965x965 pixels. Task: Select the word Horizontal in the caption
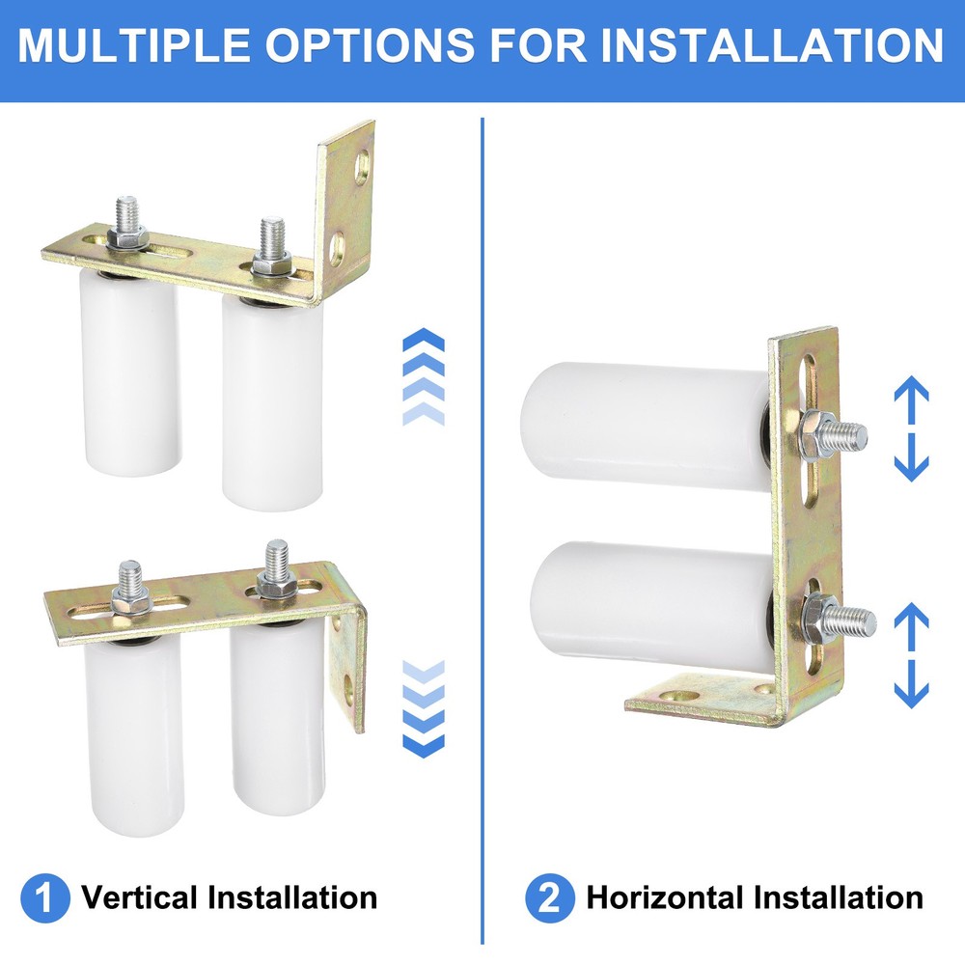pos(666,898)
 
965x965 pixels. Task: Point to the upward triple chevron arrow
pos(423,377)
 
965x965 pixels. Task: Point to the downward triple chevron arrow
pos(423,709)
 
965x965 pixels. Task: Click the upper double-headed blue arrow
pos(911,429)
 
